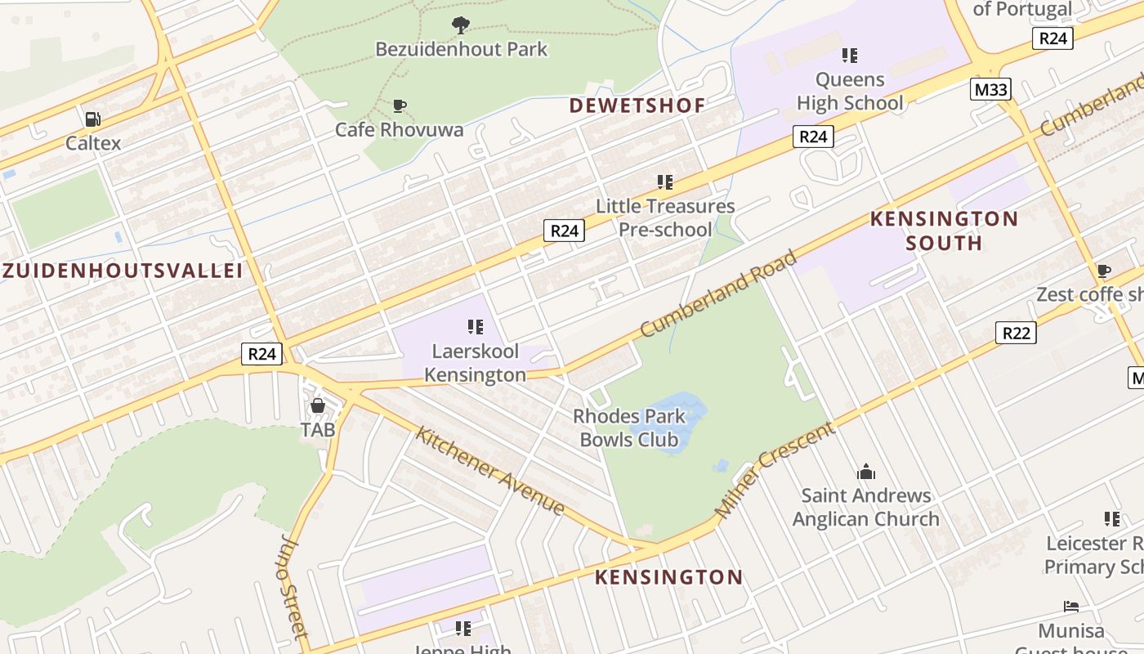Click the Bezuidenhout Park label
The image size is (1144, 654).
(x=462, y=49)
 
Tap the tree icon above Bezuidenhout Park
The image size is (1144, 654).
(x=461, y=25)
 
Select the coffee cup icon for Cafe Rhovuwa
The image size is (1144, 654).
(x=400, y=105)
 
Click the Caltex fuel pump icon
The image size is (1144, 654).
(x=93, y=119)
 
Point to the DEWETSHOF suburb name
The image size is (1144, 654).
(x=637, y=105)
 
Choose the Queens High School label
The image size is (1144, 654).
(x=850, y=91)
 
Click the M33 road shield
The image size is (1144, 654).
(x=991, y=89)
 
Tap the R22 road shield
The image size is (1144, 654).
(x=1016, y=333)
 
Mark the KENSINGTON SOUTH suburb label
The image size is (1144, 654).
(x=944, y=231)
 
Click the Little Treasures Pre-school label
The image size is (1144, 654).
(x=665, y=217)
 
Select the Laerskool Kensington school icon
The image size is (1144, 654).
(x=476, y=328)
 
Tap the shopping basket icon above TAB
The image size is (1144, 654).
(x=318, y=405)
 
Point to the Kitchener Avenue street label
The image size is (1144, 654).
(x=489, y=471)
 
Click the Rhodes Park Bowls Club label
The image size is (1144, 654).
(x=629, y=428)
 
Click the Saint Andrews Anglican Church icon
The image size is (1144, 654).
(x=866, y=472)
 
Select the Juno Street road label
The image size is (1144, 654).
(x=294, y=585)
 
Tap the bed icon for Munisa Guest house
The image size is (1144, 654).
(x=1071, y=607)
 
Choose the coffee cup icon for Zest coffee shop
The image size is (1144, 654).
(x=1104, y=271)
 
